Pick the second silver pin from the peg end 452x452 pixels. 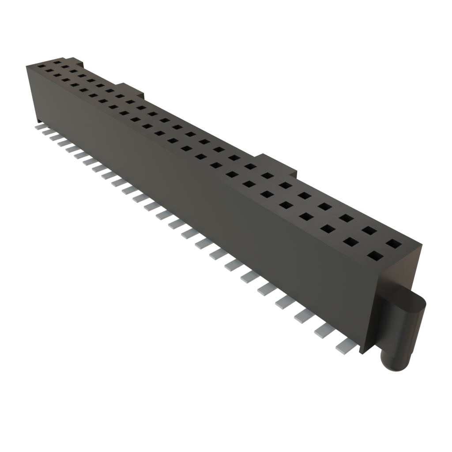pos(324,331)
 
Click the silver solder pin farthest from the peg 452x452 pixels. pos(39,127)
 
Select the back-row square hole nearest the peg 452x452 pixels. pos(392,243)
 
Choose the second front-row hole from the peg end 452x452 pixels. pos(351,241)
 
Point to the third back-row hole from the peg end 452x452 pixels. pos(346,218)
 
